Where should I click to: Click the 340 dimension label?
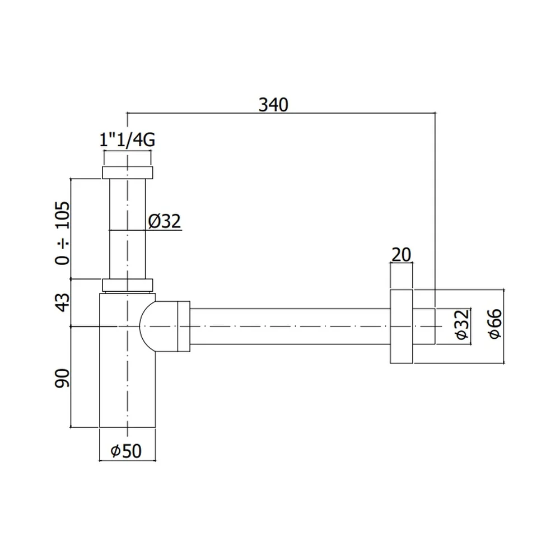(x=273, y=105)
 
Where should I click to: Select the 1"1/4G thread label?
(x=127, y=139)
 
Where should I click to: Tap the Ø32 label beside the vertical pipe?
(x=165, y=221)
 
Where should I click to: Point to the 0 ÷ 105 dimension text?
(x=63, y=233)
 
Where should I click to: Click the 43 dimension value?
(x=63, y=302)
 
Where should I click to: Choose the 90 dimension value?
(x=63, y=378)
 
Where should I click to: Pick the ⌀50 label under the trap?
(x=126, y=451)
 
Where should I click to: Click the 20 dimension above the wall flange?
(x=402, y=255)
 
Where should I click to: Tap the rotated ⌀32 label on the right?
(x=462, y=325)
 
